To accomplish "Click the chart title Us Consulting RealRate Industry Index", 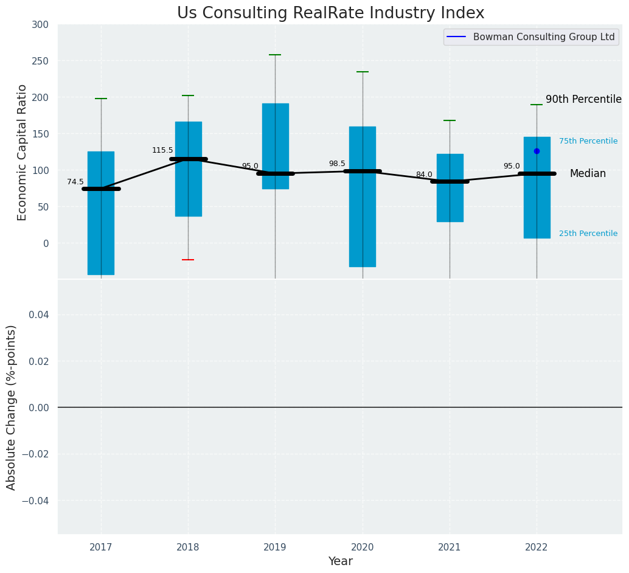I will tap(330, 13).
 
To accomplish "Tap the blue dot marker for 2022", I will tap(537, 151).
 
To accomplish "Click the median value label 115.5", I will tap(162, 150).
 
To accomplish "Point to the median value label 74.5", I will tap(75, 182).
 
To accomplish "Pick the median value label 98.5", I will tap(337, 164).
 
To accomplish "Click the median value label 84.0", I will tap(424, 175).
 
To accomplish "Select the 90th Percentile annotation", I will tap(583, 99).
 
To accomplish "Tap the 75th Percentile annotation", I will tap(588, 141).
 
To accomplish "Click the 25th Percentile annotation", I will tap(588, 234).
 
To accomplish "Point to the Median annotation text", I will tap(588, 173).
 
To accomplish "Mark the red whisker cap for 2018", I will tap(188, 260).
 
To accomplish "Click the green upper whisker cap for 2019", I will tap(275, 55).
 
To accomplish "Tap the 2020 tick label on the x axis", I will tap(363, 547).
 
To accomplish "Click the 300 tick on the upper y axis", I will tap(41, 24).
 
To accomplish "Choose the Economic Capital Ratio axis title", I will tap(23, 152).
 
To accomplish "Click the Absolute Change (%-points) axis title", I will tap(12, 407).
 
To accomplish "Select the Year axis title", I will tap(340, 561).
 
